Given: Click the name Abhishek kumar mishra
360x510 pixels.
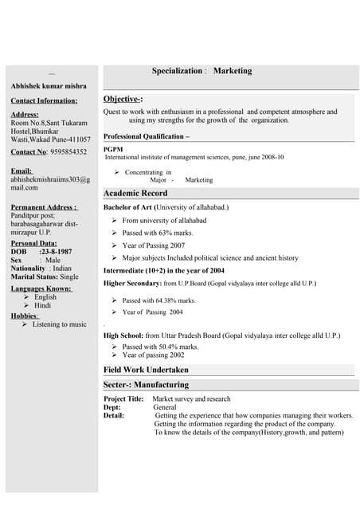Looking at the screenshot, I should point(49,85).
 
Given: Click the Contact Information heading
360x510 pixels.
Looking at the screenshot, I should point(44,100).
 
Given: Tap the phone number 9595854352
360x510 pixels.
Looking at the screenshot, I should point(68,151).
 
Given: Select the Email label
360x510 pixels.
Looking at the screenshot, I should point(22,171).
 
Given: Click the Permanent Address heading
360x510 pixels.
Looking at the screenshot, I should point(44,206).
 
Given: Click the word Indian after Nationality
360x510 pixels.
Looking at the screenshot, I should point(62,269).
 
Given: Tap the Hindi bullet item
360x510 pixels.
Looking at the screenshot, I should point(42,306).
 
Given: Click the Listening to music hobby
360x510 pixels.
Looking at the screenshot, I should point(60,324).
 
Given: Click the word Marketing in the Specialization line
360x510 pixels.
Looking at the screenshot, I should point(233,71).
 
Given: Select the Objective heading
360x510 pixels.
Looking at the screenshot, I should point(123,99).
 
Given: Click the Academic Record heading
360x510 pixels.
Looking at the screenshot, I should point(135,194).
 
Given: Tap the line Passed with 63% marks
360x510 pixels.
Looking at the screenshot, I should point(158,233).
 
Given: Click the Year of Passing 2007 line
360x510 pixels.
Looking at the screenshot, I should point(154,245).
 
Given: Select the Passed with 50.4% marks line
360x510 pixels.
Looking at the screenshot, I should point(160,347).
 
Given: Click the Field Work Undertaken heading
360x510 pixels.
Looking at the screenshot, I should point(146,370).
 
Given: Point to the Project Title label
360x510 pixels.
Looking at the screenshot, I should point(123,398).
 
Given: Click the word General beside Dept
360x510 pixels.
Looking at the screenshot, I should point(165,407).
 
